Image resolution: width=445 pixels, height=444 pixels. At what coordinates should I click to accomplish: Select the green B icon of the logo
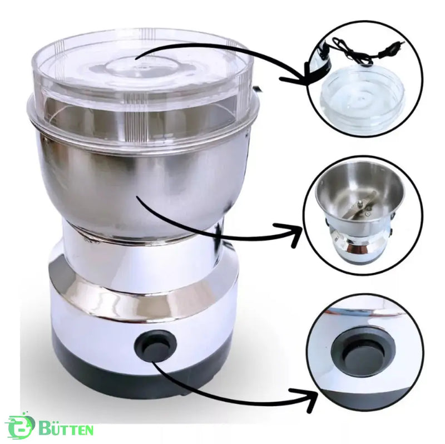coord(19,427)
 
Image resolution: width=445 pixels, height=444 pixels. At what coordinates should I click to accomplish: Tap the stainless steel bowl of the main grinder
coord(142,185)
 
